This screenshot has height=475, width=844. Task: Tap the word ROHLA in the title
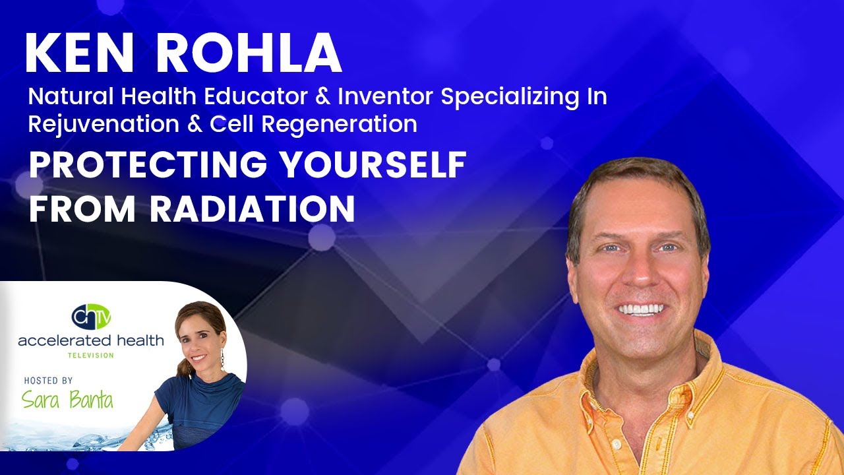click(x=249, y=53)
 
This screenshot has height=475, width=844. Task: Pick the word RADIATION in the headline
click(x=253, y=208)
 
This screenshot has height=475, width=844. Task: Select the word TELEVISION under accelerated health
click(x=91, y=356)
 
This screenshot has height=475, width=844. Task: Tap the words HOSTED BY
click(x=49, y=381)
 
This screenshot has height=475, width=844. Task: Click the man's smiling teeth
click(x=640, y=309)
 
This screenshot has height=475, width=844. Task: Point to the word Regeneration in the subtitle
click(x=346, y=124)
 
